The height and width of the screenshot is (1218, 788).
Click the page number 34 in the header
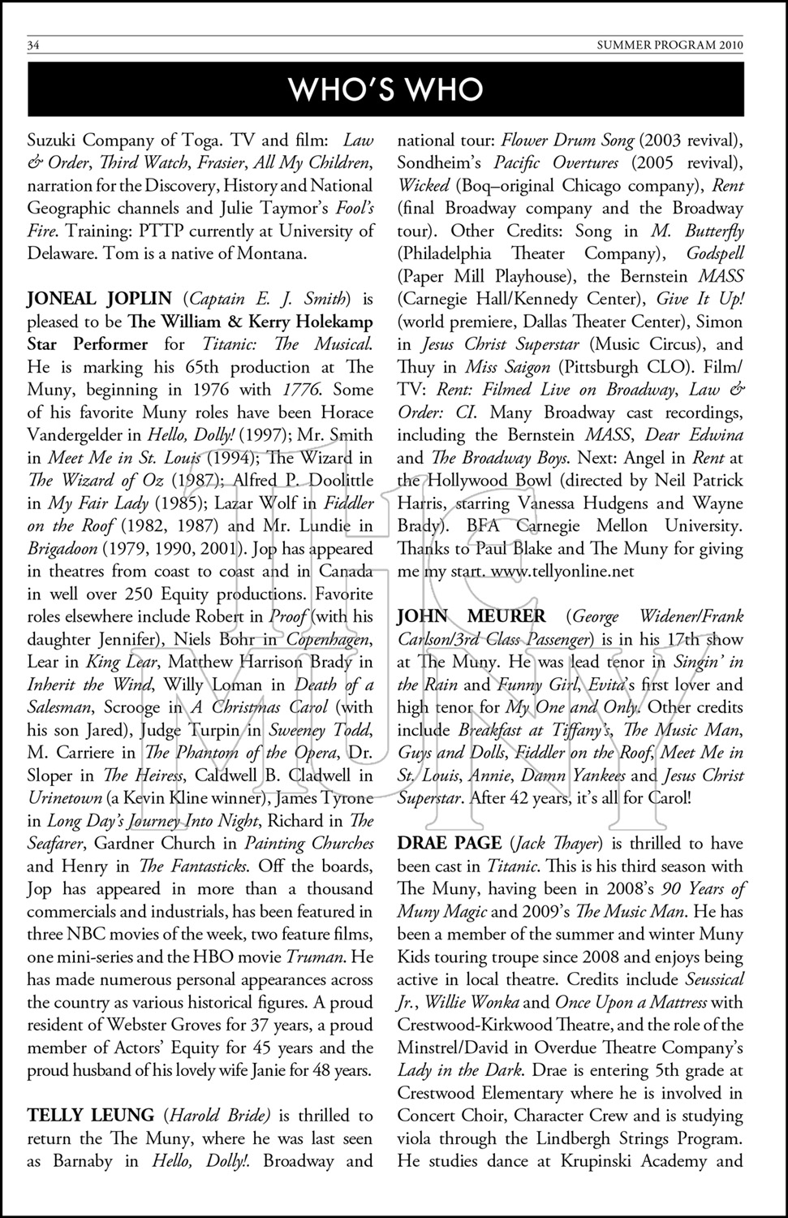(34, 45)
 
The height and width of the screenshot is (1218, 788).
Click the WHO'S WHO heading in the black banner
(386, 89)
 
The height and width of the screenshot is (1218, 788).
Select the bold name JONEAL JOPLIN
(99, 299)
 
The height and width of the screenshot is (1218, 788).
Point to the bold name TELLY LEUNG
(90, 1116)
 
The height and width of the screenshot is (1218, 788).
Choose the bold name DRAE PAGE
(448, 844)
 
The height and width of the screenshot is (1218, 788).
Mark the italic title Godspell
(714, 253)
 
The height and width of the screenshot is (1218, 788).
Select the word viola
(417, 1138)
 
